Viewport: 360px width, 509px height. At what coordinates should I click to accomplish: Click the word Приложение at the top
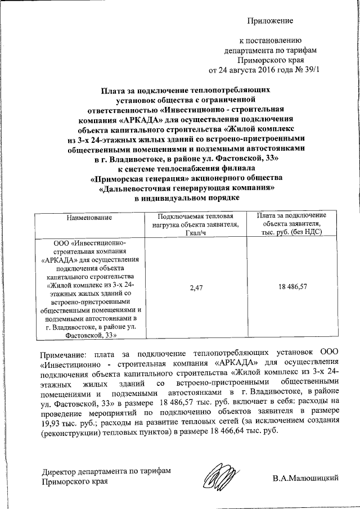[271, 21]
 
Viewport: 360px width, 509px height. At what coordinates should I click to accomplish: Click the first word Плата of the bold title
[115, 89]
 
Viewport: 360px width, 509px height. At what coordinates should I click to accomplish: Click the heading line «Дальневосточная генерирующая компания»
[186, 189]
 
